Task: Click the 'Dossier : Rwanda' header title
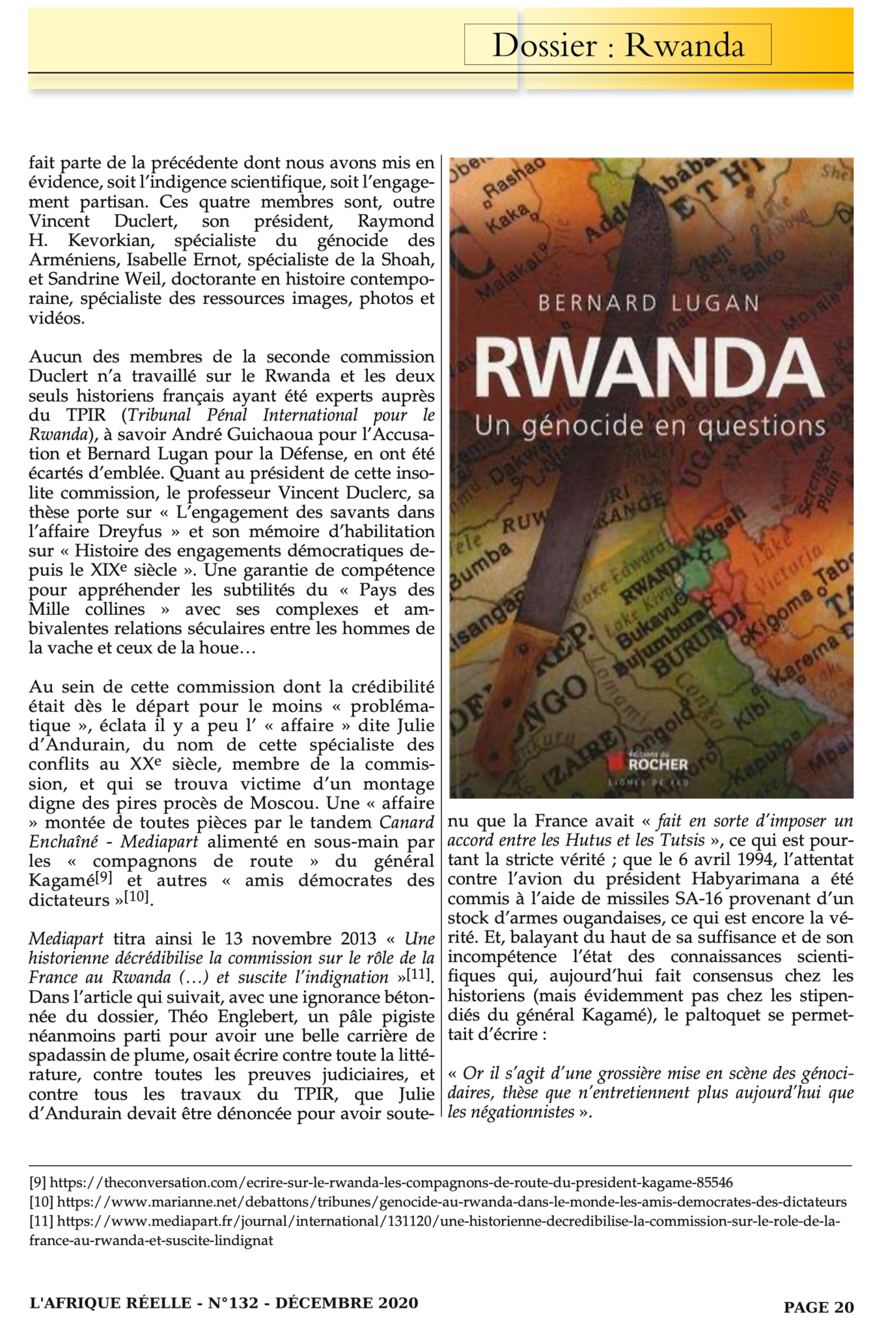coord(617,45)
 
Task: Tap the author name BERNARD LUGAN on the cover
coord(648,303)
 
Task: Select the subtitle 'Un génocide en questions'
coord(650,426)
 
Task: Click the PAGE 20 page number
coord(818,1307)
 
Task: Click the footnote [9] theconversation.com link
coord(391,1182)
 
